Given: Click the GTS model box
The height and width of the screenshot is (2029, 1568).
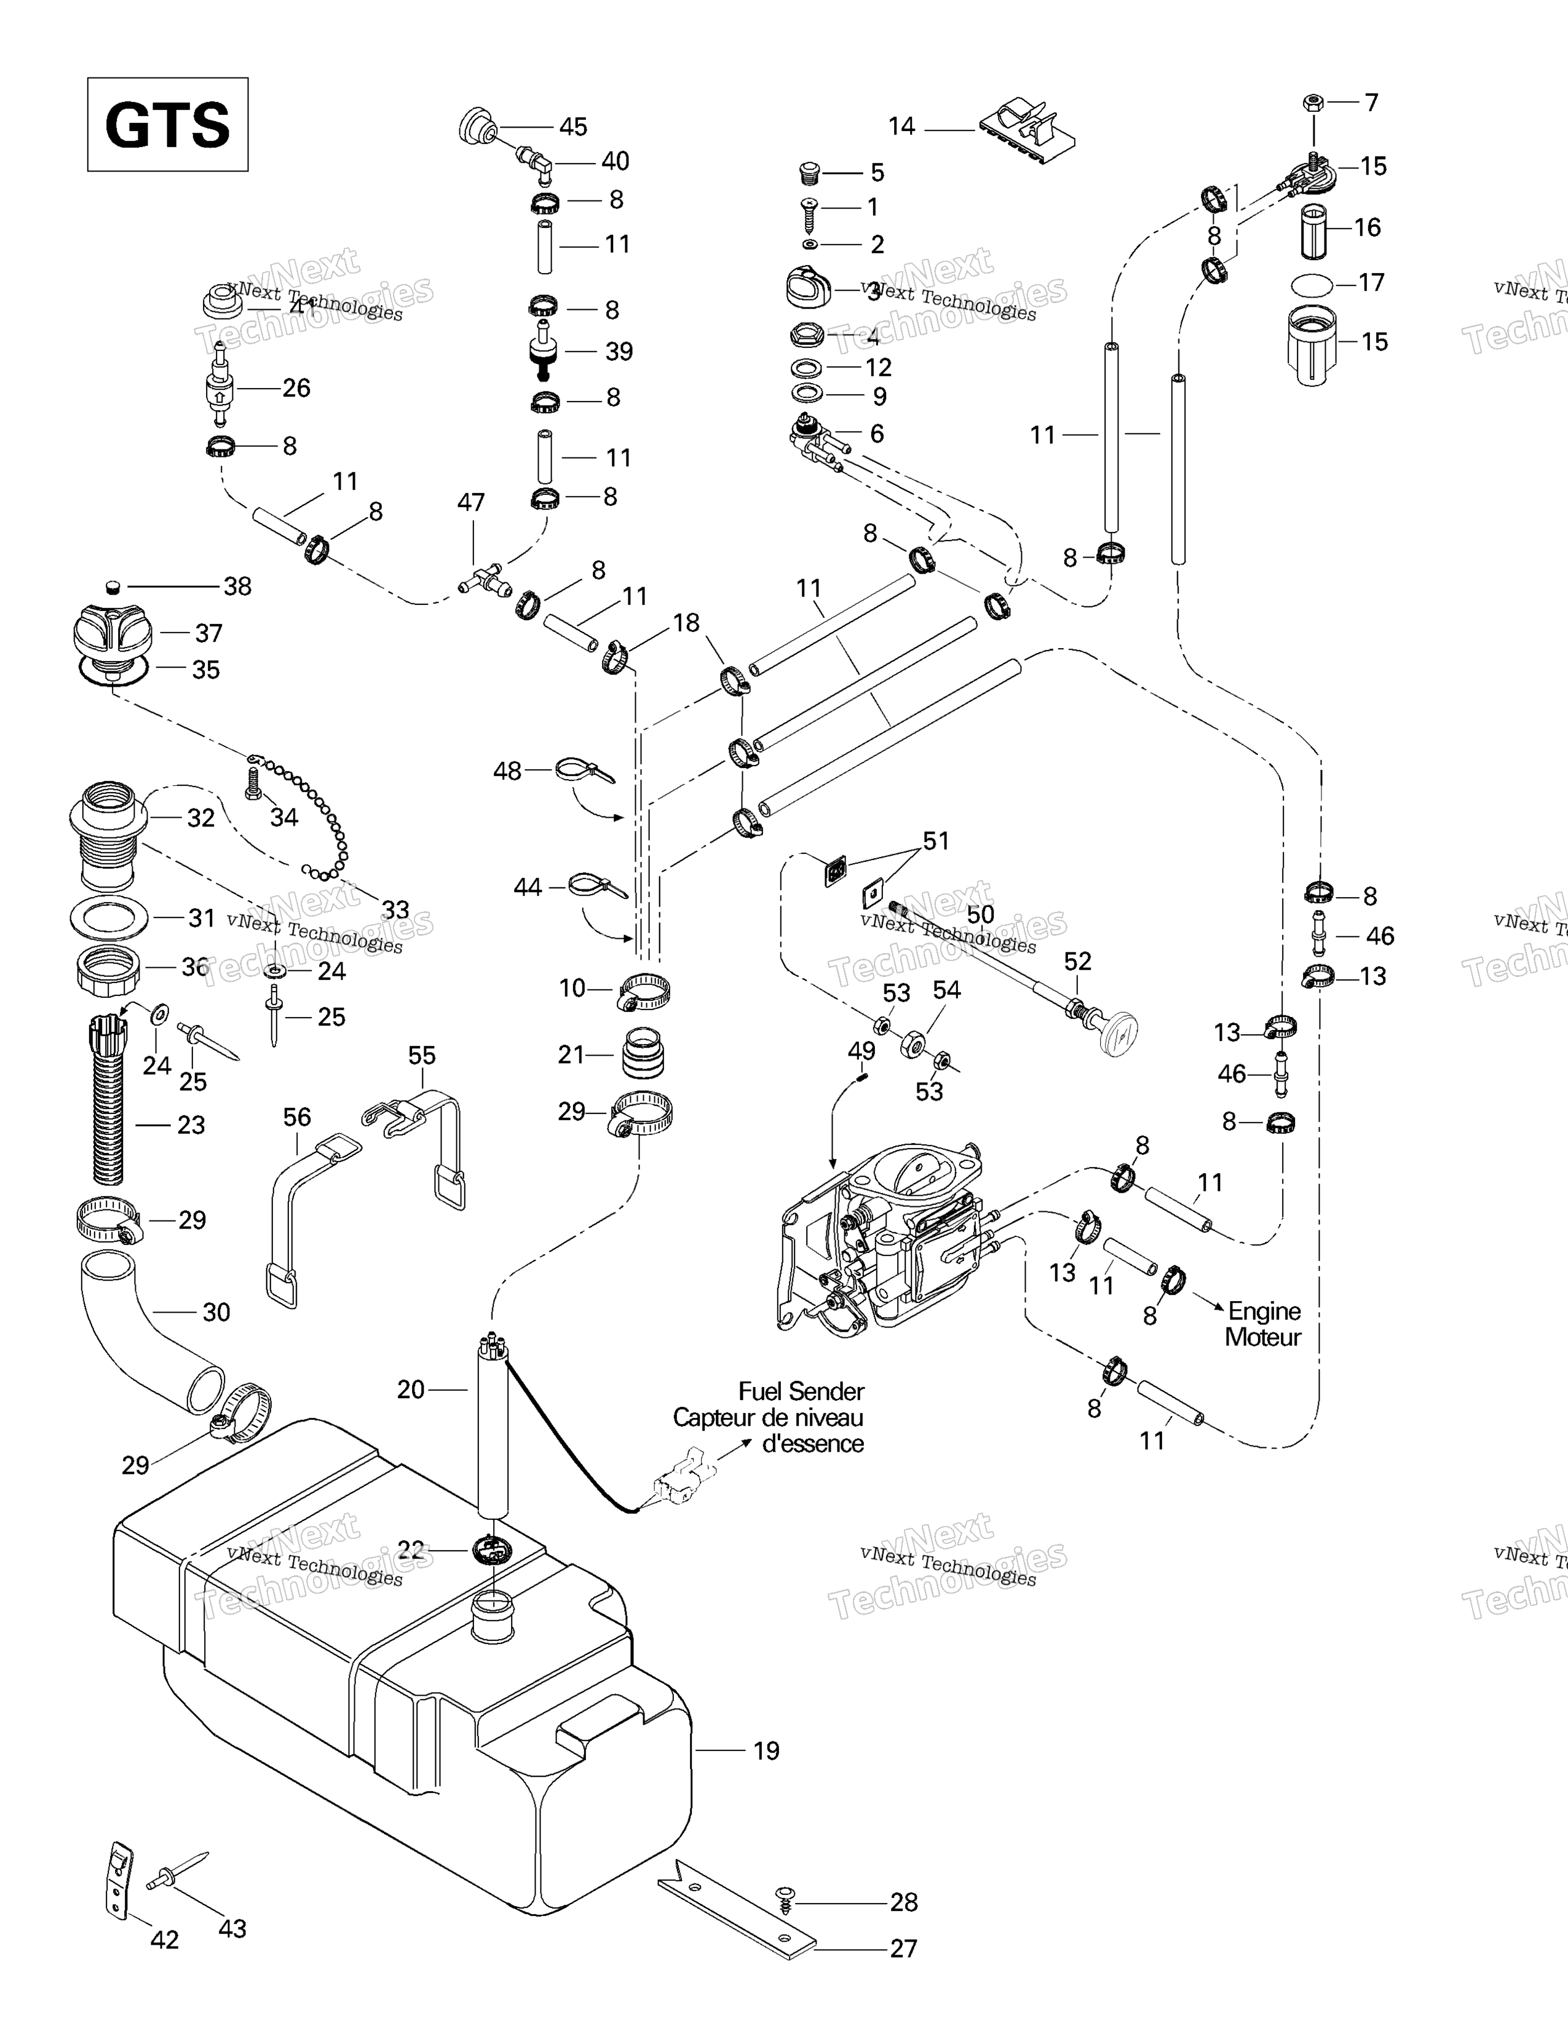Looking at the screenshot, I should tap(167, 124).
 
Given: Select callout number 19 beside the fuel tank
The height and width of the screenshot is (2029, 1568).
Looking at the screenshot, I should tap(766, 1750).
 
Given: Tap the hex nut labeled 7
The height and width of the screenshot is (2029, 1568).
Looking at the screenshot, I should tap(1313, 101).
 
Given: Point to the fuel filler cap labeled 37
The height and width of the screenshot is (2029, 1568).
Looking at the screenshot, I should tap(111, 631).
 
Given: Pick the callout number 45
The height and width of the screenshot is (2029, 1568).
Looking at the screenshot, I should tap(573, 126).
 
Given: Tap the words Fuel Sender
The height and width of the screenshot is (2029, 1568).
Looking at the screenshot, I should tap(801, 1391).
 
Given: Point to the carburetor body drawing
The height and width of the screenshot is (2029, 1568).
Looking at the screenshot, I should tap(892, 1236).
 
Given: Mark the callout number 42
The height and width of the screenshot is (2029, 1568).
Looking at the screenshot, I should tap(164, 1940).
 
